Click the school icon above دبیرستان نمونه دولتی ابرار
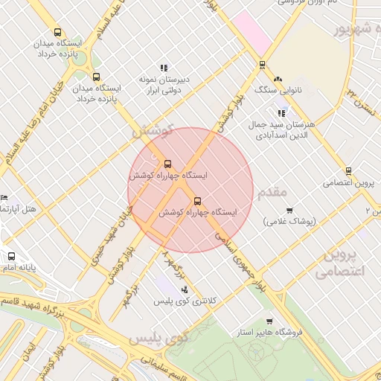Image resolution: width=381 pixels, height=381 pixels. (x=164, y=68)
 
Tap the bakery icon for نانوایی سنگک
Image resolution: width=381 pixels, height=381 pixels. (x=278, y=79)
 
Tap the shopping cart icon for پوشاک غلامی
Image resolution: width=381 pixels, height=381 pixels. (x=289, y=211)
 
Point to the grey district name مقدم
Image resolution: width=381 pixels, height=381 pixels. (x=272, y=193)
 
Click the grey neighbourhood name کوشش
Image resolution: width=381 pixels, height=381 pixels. (x=152, y=131)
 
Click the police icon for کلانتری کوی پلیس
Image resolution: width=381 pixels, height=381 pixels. (x=185, y=290)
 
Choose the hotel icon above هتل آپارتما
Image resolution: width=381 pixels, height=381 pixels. (x=4, y=198)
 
